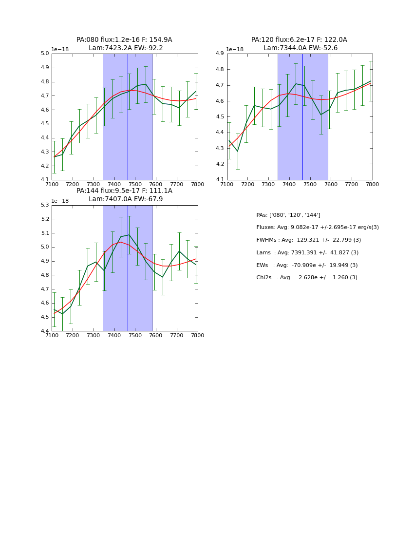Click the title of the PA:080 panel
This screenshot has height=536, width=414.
[124, 44]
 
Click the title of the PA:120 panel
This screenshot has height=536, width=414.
[299, 44]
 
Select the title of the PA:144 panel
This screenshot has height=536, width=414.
[124, 195]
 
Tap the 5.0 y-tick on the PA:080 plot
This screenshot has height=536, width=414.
[45, 54]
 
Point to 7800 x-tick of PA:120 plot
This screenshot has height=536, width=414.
[373, 184]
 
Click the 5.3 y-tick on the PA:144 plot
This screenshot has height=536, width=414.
[45, 205]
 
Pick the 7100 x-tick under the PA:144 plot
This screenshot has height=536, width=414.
[52, 335]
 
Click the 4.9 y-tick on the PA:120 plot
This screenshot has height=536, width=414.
[220, 54]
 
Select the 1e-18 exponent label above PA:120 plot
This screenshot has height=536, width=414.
[235, 49]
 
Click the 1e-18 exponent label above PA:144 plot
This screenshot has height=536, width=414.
[60, 201]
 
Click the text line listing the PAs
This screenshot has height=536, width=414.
[288, 215]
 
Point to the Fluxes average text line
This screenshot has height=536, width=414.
[318, 228]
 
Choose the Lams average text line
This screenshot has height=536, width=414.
[307, 252]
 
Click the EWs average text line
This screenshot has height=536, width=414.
[307, 265]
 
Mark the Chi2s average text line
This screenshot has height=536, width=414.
[307, 278]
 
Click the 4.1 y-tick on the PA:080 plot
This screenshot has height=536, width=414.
[45, 180]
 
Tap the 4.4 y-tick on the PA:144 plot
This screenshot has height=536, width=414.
[45, 331]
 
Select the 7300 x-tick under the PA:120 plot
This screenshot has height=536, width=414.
[268, 184]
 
